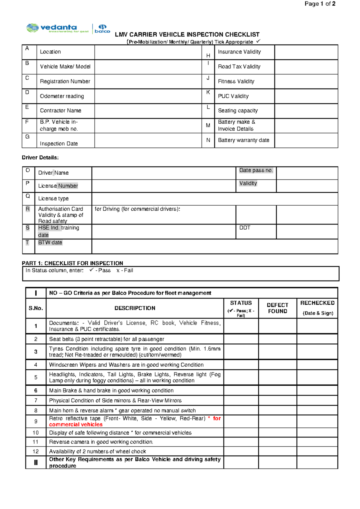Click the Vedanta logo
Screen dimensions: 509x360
click(x=57, y=28)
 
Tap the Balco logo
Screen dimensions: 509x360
click(x=102, y=29)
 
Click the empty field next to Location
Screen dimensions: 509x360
click(x=148, y=52)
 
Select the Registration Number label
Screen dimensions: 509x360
click(x=65, y=81)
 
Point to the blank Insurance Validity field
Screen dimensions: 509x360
click(x=306, y=52)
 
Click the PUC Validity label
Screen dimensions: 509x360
click(x=233, y=96)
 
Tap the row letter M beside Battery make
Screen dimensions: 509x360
click(x=208, y=125)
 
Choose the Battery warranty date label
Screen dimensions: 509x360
click(x=243, y=140)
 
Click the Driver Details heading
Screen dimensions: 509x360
click(x=40, y=158)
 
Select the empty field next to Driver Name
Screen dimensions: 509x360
click(x=163, y=173)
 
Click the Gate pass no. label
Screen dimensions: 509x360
click(x=256, y=170)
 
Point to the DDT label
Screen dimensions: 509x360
click(x=245, y=228)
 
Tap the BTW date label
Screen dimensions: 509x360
click(x=50, y=242)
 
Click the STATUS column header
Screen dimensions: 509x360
click(x=241, y=303)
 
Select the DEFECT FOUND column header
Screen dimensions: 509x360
click(x=277, y=308)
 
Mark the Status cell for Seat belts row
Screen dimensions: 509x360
click(x=241, y=339)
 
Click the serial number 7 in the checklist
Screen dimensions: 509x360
click(x=36, y=400)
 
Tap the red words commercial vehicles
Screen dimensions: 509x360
click(x=76, y=425)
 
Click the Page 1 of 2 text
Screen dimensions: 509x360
click(x=320, y=4)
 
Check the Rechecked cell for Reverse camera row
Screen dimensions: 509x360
click(x=317, y=442)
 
